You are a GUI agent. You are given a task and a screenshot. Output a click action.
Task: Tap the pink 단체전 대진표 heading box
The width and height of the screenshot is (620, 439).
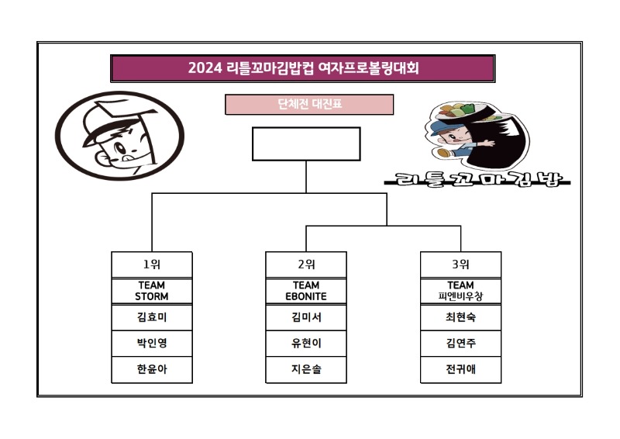click(x=309, y=104)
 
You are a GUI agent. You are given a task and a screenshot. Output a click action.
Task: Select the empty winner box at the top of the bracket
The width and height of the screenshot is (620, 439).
click(x=306, y=143)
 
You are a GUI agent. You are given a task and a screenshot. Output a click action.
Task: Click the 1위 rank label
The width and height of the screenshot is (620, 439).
click(x=151, y=264)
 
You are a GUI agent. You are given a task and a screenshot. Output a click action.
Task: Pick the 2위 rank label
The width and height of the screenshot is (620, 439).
click(x=306, y=264)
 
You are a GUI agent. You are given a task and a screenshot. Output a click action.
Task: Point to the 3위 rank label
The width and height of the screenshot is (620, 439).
click(x=460, y=264)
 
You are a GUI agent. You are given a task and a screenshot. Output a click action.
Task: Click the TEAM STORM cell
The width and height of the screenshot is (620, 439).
click(x=151, y=291)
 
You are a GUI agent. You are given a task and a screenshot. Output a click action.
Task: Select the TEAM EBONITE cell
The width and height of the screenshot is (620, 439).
click(x=306, y=291)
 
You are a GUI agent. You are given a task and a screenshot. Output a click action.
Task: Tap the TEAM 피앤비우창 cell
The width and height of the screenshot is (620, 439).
click(x=460, y=291)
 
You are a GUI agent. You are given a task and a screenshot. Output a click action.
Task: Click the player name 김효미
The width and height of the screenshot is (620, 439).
click(x=151, y=317)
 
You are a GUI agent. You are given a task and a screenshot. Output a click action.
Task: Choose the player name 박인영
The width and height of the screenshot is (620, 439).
click(x=151, y=344)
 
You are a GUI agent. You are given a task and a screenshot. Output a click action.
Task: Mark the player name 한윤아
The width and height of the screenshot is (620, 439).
click(x=151, y=370)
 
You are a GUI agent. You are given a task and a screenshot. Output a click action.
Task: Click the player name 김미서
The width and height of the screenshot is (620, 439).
click(x=306, y=317)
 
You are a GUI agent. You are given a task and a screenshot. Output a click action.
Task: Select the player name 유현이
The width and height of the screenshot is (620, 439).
click(x=306, y=344)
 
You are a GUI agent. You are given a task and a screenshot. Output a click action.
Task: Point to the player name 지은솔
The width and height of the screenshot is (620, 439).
click(x=306, y=370)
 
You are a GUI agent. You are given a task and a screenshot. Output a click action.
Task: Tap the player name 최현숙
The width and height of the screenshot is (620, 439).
click(x=460, y=317)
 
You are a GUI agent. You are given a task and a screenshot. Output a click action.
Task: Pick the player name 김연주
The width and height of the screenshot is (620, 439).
click(x=460, y=344)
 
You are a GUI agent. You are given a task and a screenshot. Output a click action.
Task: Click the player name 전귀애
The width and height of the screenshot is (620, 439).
click(x=460, y=370)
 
